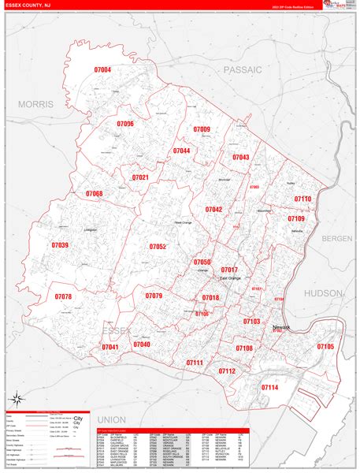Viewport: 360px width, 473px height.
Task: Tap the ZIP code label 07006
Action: click(125, 124)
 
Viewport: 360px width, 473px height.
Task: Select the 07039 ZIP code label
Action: click(60, 246)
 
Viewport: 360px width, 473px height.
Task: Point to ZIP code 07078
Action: click(63, 296)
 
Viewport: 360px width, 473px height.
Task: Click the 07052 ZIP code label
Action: click(158, 247)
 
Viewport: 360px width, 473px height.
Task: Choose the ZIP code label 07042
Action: click(213, 209)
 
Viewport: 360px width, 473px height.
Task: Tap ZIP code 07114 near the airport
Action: click(269, 388)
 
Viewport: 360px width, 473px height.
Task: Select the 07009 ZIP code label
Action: click(202, 129)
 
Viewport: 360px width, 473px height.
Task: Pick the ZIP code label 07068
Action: click(95, 193)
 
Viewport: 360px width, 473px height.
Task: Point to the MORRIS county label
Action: click(35, 104)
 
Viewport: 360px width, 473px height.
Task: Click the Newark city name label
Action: click(281, 327)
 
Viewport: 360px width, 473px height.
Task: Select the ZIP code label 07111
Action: click(195, 362)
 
